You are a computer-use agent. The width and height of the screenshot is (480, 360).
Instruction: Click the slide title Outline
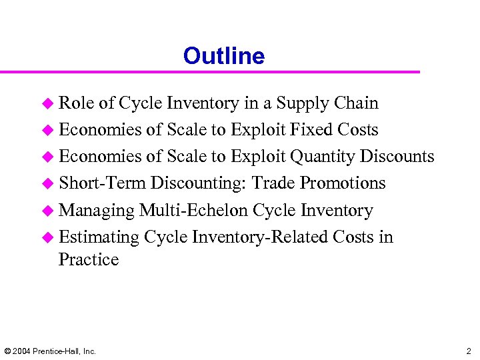coord(224,56)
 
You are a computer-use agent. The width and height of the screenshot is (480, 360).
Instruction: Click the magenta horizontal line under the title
coord(210,72)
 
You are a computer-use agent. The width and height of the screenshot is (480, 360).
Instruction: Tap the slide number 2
coord(468,351)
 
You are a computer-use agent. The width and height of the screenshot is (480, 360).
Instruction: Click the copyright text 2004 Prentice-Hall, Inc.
coord(50,351)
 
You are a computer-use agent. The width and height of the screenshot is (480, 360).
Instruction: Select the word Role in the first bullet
coord(76,103)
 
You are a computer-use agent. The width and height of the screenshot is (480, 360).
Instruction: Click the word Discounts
coord(397,157)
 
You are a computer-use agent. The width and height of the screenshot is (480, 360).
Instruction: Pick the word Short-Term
coord(102,183)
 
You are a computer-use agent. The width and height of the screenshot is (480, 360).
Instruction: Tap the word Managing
coord(97,211)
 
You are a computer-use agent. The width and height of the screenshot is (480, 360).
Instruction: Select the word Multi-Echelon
coord(193,210)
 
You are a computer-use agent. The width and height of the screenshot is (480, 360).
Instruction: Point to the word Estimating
coord(99,237)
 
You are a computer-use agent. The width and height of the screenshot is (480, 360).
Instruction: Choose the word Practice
coord(89,259)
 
